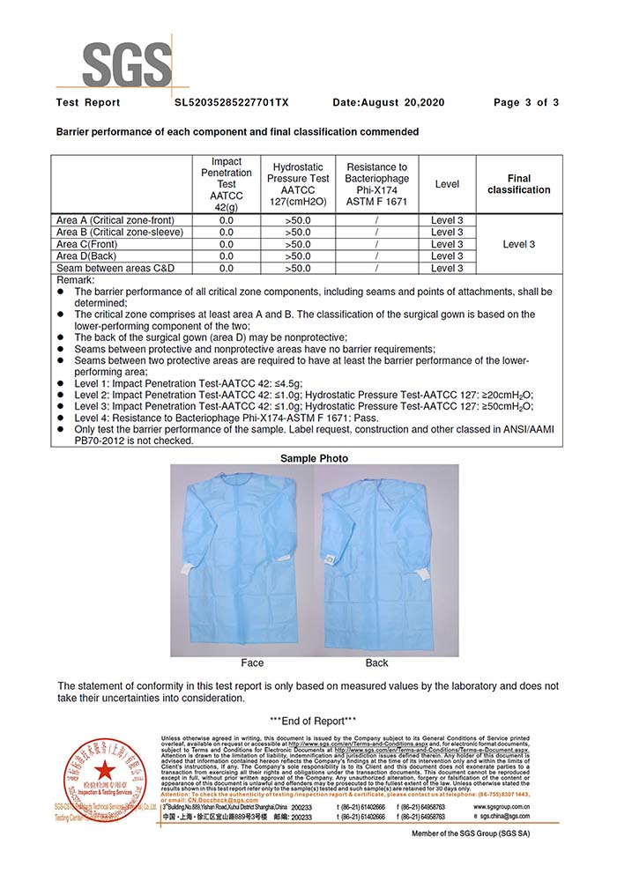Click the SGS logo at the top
126,60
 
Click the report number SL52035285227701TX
232,103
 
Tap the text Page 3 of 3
526,103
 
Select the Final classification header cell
518,184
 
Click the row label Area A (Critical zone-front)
128,220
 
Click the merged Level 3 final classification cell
518,244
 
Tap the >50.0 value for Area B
298,233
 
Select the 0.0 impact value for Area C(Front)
227,244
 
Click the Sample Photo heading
314,458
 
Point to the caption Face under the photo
252,663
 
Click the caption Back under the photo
376,663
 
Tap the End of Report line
313,721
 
